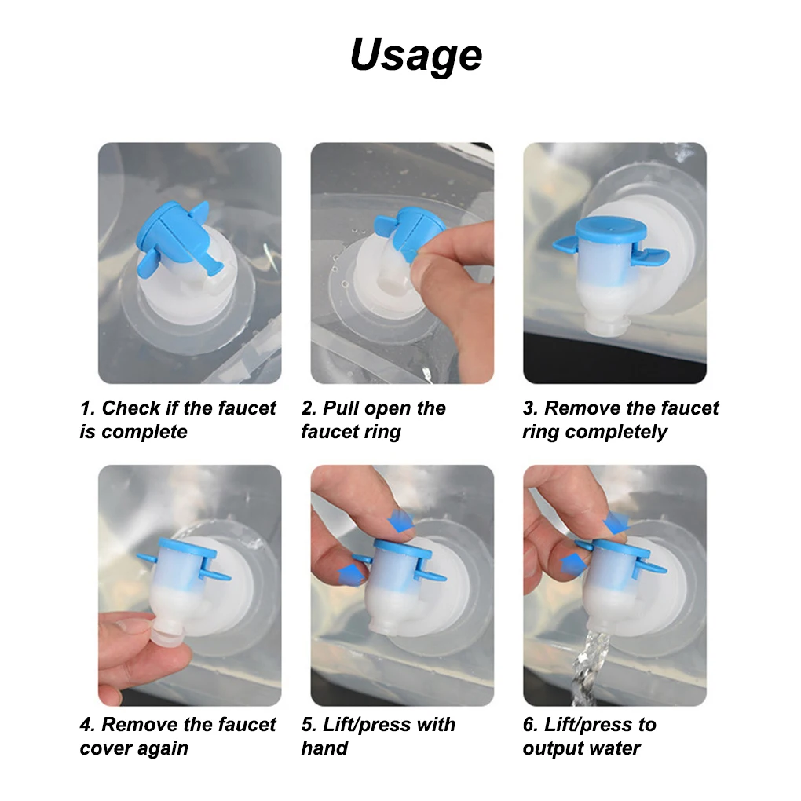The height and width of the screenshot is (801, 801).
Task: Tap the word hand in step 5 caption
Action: tap(324, 748)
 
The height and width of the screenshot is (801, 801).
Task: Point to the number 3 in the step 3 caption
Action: tap(530, 408)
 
